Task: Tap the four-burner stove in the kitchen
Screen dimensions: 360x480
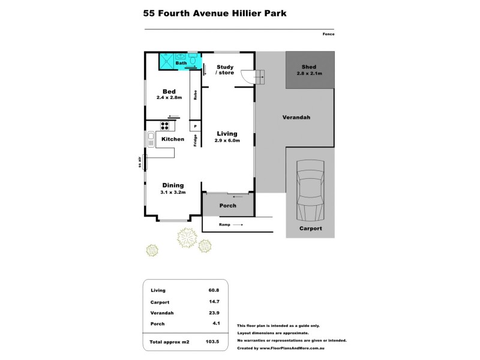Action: pos(164,126)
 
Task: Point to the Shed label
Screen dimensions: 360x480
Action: pos(309,67)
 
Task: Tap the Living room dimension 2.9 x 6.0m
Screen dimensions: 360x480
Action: pos(227,141)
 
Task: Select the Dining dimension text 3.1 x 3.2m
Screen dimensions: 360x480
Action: pos(173,193)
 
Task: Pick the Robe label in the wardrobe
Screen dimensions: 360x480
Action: pos(195,94)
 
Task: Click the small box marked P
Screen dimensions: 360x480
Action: pos(195,126)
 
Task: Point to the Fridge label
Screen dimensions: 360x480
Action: pos(195,140)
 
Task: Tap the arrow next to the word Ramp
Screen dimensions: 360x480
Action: pos(238,224)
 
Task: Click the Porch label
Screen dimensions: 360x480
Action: pos(227,206)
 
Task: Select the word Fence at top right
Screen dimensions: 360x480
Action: pos(328,34)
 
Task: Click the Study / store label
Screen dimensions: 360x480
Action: pos(226,70)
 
